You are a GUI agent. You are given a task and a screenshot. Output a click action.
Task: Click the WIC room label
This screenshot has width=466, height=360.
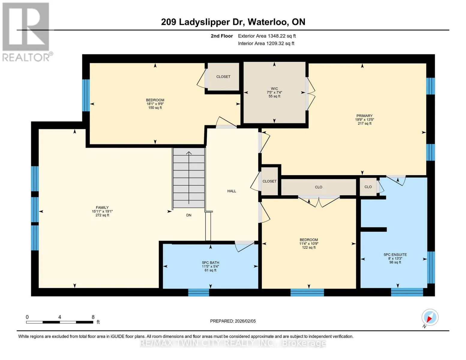coord(274,88)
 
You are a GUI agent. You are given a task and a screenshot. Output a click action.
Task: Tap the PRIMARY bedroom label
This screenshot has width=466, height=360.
coord(364,116)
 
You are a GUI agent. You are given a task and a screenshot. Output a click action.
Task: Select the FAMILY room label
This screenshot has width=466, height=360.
coord(102,208)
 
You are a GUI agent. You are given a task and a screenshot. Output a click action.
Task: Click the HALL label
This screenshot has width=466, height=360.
coord(232,191)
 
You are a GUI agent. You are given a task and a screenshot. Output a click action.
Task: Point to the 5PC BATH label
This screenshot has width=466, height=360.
coord(210,263)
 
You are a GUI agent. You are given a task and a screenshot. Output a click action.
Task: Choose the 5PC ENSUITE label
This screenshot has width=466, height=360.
coord(395,255)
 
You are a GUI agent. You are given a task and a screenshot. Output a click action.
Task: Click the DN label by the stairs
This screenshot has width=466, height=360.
coord(189,215)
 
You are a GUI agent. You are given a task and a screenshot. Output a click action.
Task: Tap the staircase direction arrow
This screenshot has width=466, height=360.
coord(189,178)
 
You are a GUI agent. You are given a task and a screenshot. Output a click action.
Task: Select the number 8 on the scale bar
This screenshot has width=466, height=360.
coord(93,317)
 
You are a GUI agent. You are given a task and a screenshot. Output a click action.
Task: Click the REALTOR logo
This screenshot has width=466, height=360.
coord(27,32)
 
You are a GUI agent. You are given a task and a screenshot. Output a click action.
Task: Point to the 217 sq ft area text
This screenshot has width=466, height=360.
coord(364,124)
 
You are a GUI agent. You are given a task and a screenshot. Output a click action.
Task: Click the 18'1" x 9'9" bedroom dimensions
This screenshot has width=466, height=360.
coord(155,104)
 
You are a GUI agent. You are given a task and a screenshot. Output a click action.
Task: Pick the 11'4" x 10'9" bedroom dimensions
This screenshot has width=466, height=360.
coord(309,244)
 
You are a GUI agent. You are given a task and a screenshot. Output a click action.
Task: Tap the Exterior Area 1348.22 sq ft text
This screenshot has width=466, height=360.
coord(267,36)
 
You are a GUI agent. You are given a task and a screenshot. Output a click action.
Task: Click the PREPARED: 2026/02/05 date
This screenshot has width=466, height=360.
coord(233,321)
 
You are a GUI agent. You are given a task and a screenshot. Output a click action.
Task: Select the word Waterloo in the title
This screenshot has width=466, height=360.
coord(266,22)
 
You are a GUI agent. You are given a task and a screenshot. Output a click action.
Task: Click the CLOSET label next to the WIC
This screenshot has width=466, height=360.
coord(223,76)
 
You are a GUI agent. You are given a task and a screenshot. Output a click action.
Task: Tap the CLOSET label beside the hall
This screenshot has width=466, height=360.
coord(269,181)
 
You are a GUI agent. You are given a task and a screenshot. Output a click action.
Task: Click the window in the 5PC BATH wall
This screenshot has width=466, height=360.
coord(199,292)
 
